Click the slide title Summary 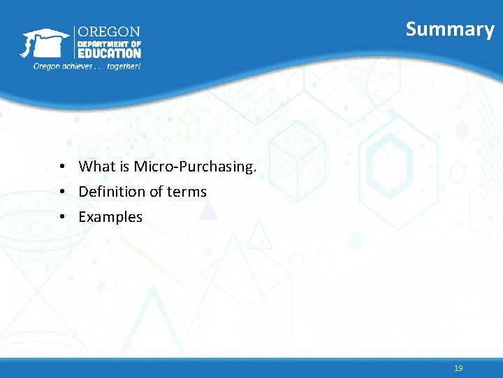[450, 29]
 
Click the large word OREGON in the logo [108, 32]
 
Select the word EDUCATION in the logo [108, 53]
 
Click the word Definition [112, 192]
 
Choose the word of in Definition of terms [157, 192]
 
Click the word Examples [110, 218]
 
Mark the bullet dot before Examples [63, 218]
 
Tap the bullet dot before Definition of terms [63, 192]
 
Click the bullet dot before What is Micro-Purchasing [63, 167]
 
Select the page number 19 [458, 368]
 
